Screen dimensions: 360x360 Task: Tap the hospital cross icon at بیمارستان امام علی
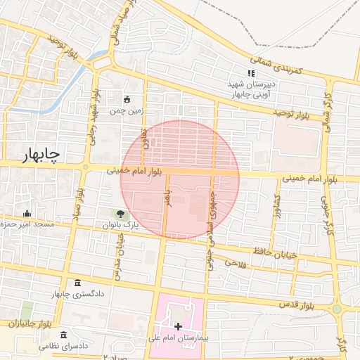click(x=178, y=326)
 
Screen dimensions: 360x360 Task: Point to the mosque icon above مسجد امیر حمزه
click(x=27, y=214)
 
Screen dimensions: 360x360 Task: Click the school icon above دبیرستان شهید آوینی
click(x=250, y=73)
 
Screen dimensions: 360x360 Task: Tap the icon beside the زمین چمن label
click(x=127, y=99)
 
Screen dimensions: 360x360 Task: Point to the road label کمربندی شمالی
click(x=278, y=63)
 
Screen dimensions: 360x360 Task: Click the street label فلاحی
click(x=233, y=262)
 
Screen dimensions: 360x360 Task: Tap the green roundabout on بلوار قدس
click(x=337, y=309)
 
